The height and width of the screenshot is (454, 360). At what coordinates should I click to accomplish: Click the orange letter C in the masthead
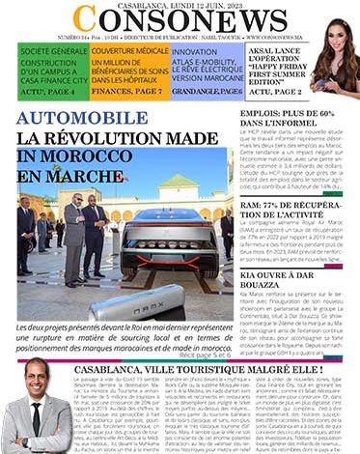(85, 20)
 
